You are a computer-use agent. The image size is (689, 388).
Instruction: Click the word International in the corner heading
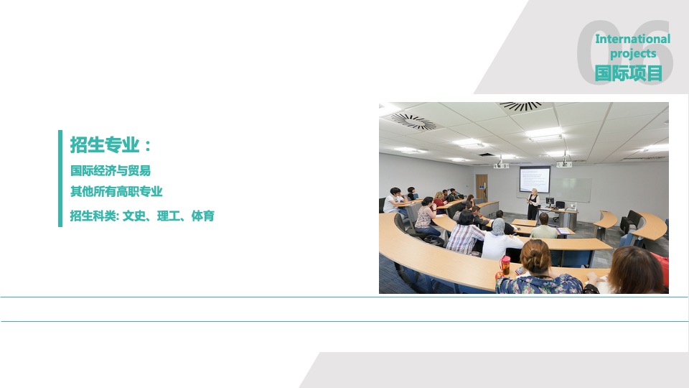click(x=632, y=39)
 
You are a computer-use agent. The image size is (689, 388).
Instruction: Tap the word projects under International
click(x=633, y=54)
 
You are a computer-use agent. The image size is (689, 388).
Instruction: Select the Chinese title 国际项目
click(x=629, y=73)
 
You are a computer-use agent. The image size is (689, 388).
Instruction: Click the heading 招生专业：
click(x=111, y=144)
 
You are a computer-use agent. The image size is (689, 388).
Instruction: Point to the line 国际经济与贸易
click(x=111, y=170)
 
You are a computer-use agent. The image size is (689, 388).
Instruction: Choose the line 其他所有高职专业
click(x=116, y=191)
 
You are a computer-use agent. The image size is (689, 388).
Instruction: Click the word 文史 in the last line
click(x=133, y=216)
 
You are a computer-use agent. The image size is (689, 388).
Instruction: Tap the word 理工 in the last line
click(x=168, y=216)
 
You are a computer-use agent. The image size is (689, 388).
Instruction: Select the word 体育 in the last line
click(x=203, y=216)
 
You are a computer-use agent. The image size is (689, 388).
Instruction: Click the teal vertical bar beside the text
click(x=60, y=178)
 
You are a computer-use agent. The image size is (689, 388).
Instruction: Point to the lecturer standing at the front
click(x=533, y=203)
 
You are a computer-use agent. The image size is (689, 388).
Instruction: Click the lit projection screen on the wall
click(x=534, y=179)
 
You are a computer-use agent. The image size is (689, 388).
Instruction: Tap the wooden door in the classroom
click(x=482, y=188)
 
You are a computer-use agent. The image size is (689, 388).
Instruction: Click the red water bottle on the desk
click(x=505, y=265)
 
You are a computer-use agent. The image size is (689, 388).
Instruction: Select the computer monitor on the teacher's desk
click(x=550, y=201)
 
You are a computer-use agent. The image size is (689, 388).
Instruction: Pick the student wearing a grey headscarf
click(x=499, y=240)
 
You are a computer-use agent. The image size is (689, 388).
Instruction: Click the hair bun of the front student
click(x=535, y=249)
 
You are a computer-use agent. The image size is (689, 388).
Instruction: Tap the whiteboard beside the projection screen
click(x=571, y=190)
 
